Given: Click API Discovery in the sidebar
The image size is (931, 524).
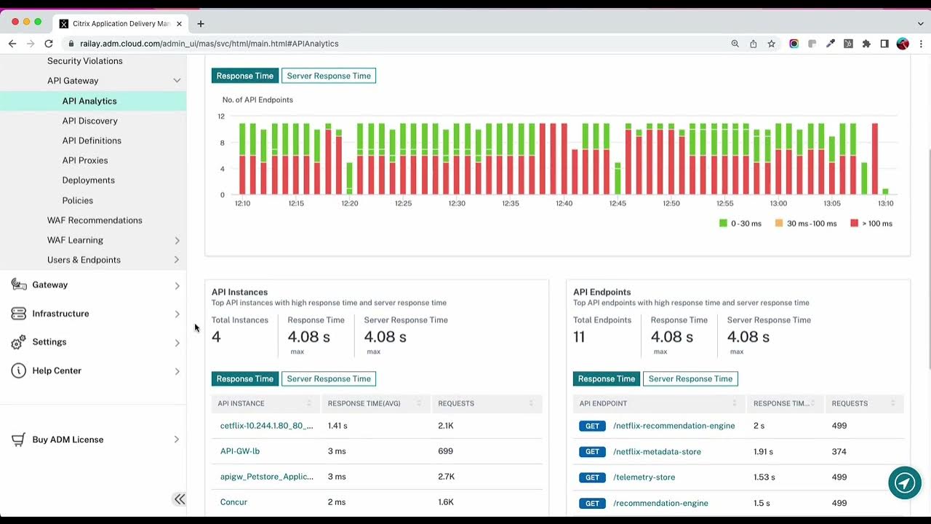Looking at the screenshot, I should tap(89, 121).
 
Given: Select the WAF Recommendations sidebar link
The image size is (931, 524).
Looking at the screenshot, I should tap(95, 221).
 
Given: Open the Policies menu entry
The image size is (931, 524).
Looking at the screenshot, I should tap(77, 201).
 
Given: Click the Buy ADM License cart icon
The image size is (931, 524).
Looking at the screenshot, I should tap(19, 440).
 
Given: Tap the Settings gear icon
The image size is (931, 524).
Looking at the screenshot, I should tap(19, 342).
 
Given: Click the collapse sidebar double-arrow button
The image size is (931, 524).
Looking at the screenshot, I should tap(179, 499).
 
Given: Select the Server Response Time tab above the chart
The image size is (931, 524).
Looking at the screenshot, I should tap(329, 76).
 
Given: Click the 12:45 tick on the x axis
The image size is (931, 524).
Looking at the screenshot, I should tap(618, 204).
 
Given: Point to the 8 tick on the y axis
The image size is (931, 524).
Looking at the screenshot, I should tap(222, 143).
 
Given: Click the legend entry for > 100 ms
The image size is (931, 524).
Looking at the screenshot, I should tap(871, 223).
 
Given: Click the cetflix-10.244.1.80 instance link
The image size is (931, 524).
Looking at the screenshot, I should tap(266, 426).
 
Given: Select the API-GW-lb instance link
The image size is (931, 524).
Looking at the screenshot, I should tap(240, 451).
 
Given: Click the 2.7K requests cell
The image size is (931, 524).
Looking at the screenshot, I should tap(446, 477).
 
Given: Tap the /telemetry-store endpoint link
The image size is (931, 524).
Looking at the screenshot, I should tap(644, 477).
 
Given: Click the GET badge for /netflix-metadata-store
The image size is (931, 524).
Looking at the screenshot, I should tap(592, 452).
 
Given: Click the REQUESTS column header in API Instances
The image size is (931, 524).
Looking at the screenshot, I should tap(456, 403).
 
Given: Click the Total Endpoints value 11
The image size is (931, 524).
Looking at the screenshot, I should tap(579, 337).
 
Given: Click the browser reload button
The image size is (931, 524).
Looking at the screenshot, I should tap(49, 44).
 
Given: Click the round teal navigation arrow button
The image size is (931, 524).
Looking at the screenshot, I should tap(905, 483).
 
